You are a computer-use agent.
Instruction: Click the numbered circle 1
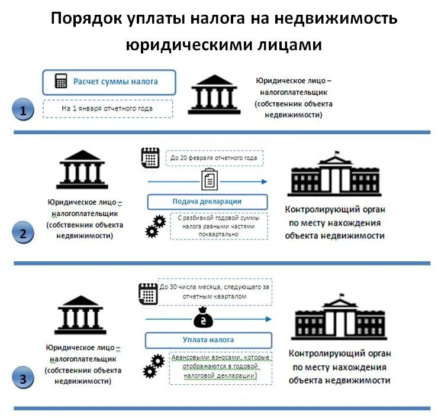point(23,110)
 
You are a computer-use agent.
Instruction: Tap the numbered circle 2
point(23,233)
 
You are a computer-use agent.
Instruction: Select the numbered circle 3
point(23,378)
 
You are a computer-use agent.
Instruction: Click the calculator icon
point(60,82)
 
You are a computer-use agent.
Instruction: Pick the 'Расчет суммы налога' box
point(109,82)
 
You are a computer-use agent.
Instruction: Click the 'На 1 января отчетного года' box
point(107,109)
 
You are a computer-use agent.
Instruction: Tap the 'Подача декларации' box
point(207,202)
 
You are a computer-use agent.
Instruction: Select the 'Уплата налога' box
point(208,340)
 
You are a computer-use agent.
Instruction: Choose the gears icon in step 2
point(155,226)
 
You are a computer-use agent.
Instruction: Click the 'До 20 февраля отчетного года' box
point(214,158)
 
